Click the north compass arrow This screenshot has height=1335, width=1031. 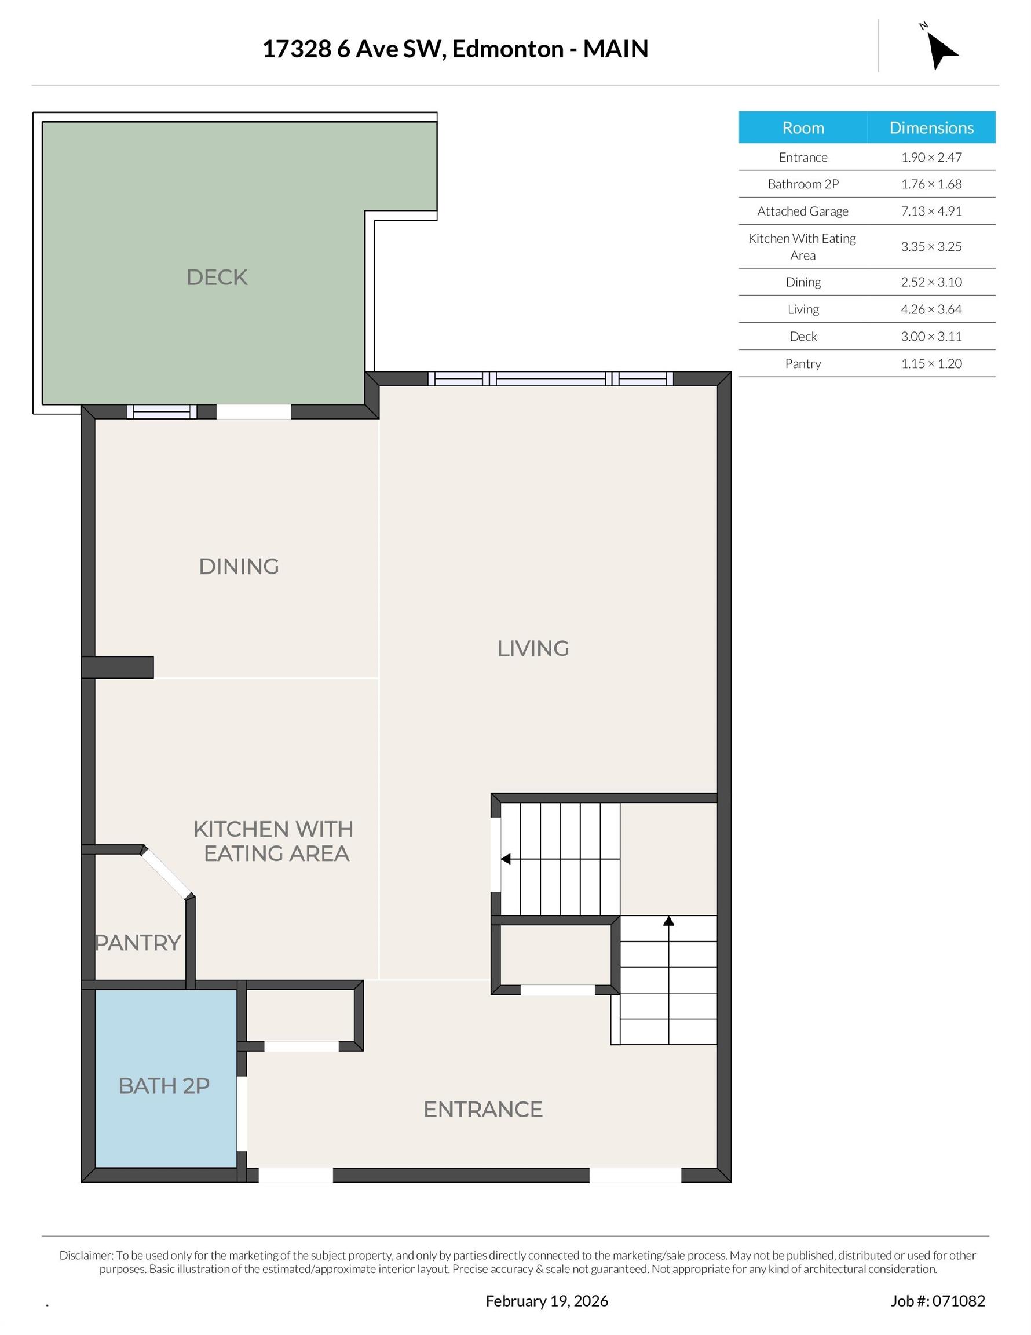coord(941,51)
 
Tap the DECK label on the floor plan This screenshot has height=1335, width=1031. coord(217,278)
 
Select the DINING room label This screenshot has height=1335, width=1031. coord(239,567)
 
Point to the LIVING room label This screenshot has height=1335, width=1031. coord(533,648)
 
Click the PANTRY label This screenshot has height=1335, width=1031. coord(138,943)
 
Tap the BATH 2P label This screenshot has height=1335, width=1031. coord(164,1086)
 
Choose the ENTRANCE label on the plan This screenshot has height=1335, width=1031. coord(483,1110)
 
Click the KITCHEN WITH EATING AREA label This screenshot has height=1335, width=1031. coord(274,841)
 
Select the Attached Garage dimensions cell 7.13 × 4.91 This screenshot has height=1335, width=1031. coord(931,211)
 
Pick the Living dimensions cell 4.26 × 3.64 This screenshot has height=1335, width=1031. coord(931,309)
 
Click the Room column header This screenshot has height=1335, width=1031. coord(803,127)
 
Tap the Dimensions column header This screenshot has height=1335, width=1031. coord(931,127)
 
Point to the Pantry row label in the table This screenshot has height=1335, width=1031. coord(803,364)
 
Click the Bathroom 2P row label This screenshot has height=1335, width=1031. coord(803,184)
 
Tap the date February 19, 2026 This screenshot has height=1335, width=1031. coord(547,1301)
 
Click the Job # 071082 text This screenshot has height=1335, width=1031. coord(938,1301)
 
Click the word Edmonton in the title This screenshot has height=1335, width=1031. coord(508,49)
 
